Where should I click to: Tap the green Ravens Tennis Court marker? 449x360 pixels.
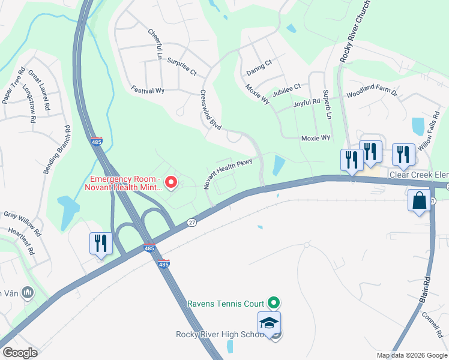tap(274, 302)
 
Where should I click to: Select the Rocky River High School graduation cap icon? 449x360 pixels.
tap(269, 323)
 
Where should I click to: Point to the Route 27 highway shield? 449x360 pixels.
tap(191, 221)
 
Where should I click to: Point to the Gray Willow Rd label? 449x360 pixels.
tap(22, 223)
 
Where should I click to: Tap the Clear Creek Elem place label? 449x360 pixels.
tap(418, 175)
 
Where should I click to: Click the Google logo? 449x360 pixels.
tap(20, 352)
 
